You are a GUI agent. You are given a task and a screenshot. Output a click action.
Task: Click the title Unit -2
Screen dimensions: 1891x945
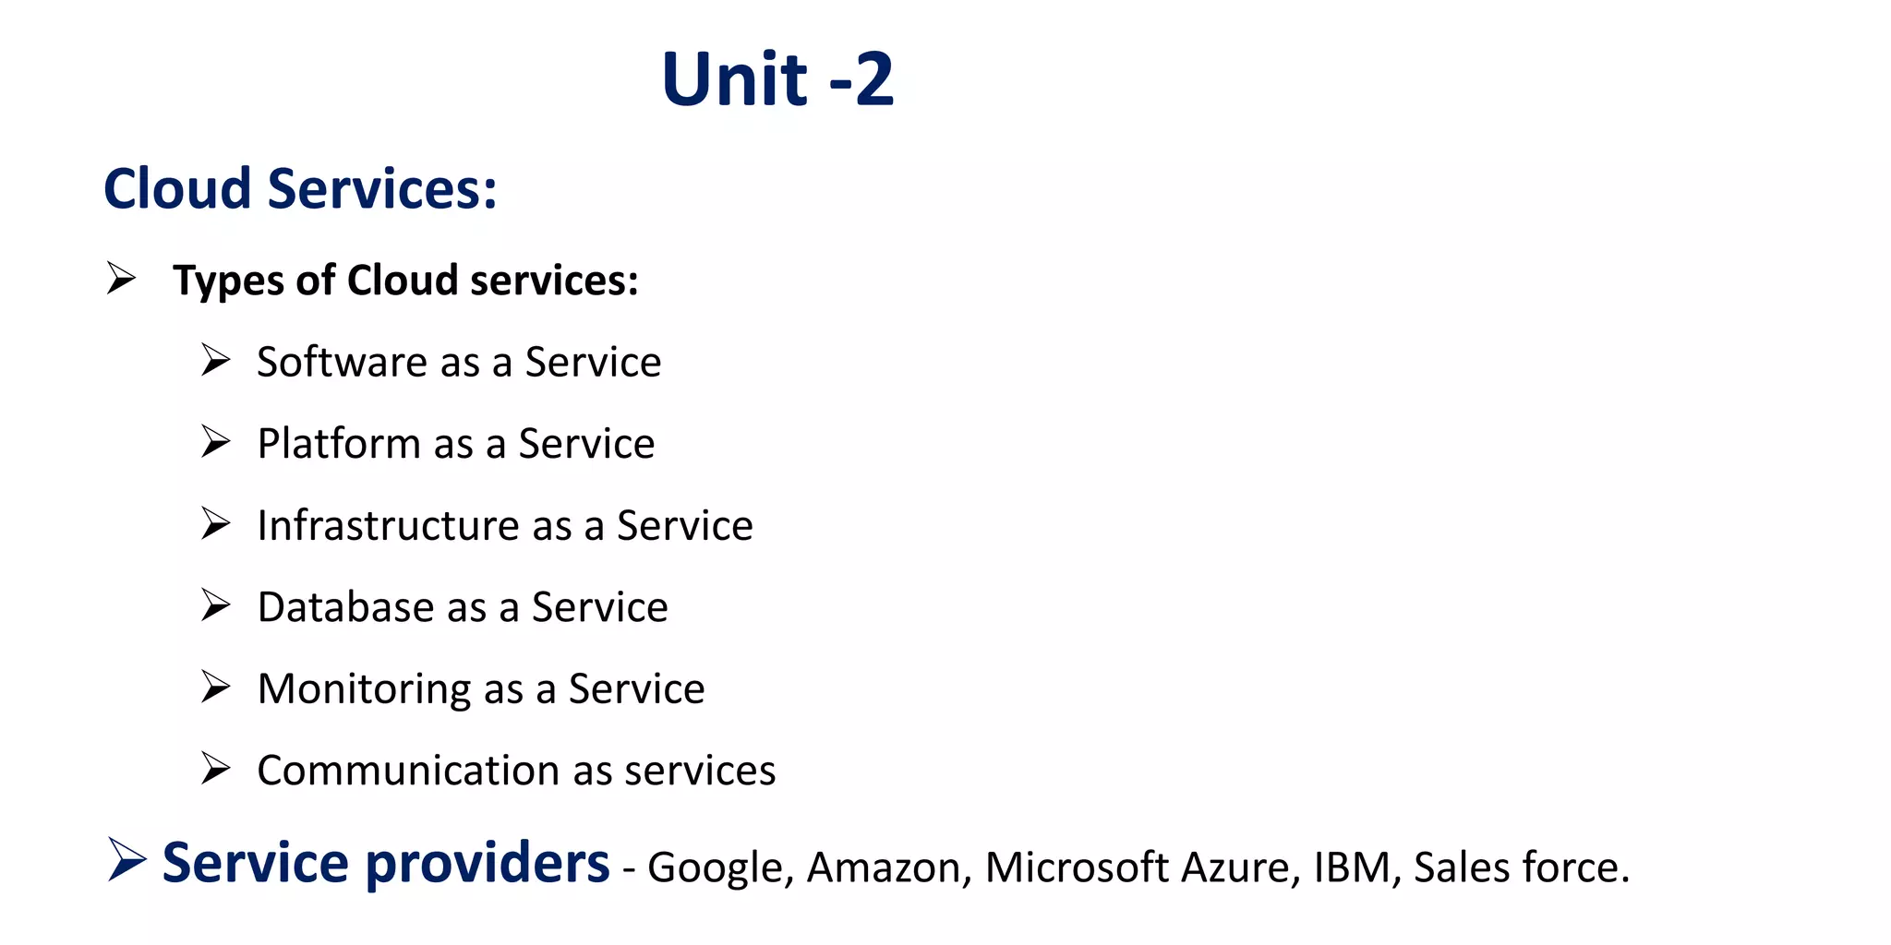pyautogui.click(x=777, y=79)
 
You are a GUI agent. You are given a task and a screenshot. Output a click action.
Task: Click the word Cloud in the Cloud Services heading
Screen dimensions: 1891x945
pyautogui.click(x=177, y=189)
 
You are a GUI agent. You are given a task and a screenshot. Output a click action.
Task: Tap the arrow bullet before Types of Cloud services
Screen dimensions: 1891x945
pyautogui.click(x=121, y=278)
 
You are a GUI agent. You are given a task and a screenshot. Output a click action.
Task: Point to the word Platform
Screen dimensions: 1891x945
pyautogui.click(x=339, y=444)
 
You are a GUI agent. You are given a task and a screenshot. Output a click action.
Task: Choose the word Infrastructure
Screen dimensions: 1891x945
pyautogui.click(x=388, y=525)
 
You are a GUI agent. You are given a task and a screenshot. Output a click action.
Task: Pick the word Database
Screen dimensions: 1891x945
pyautogui.click(x=344, y=607)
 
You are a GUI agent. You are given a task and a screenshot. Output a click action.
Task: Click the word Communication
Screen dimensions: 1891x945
pyautogui.click(x=407, y=771)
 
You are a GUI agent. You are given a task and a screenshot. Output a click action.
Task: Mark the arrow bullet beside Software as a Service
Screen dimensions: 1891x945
pyautogui.click(x=215, y=360)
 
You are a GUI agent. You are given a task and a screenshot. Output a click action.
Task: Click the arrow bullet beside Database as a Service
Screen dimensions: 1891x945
pyautogui.click(x=215, y=605)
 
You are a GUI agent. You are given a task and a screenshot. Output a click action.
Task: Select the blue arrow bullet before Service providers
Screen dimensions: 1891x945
pyautogui.click(x=126, y=860)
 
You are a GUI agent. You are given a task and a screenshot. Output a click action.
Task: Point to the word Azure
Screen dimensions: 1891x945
pyautogui.click(x=1239, y=867)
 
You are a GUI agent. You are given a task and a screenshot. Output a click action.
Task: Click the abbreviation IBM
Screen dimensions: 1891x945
pyautogui.click(x=1355, y=867)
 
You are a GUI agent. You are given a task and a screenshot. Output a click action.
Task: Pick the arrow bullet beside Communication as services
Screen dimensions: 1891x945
pyautogui.click(x=215, y=768)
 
